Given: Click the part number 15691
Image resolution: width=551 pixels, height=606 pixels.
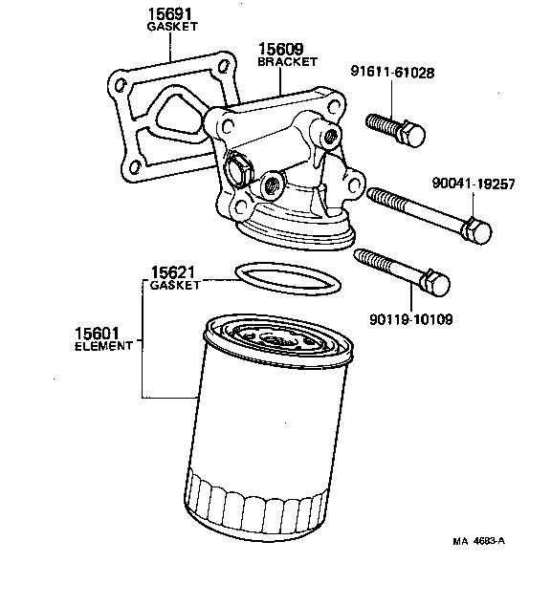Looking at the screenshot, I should [168, 14].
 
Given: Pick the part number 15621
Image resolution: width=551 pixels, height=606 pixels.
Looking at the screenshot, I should [174, 271].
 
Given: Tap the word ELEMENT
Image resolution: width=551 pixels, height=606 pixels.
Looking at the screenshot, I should [102, 346].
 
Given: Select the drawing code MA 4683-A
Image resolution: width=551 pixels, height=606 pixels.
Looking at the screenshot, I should [478, 542].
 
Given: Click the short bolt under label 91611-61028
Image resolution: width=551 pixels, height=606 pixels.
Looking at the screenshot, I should [393, 130].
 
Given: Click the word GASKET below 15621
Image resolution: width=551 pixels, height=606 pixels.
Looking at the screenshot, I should [175, 286].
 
